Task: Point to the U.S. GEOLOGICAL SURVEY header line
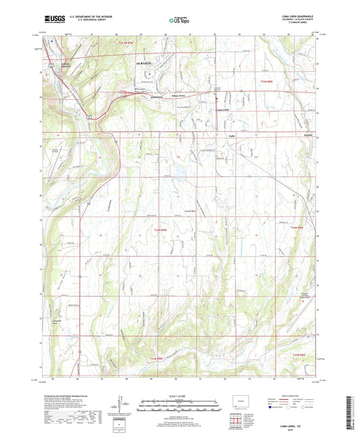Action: point(78,22)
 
